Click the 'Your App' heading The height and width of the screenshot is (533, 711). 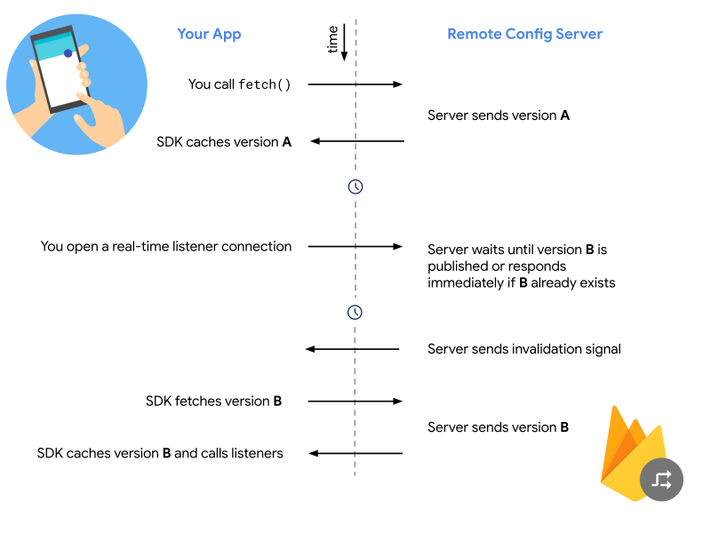(x=209, y=35)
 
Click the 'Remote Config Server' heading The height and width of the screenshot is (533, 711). (x=524, y=35)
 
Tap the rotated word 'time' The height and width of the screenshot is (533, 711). (x=332, y=39)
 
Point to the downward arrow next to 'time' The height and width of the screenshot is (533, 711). (x=344, y=42)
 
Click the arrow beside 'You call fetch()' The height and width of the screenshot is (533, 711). (x=355, y=84)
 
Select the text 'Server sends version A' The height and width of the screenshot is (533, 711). (x=499, y=115)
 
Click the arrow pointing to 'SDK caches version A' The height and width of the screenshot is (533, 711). (x=357, y=141)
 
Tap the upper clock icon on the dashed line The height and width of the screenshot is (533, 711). (x=355, y=187)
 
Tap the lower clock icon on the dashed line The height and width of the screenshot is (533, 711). (x=355, y=313)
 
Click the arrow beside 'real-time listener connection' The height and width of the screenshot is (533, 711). (x=355, y=247)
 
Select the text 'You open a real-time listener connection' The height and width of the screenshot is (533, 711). (x=166, y=247)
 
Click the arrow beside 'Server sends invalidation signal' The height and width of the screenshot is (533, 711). (x=352, y=349)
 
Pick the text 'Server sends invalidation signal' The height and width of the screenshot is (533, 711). (x=524, y=349)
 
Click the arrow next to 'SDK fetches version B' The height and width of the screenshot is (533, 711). (x=355, y=402)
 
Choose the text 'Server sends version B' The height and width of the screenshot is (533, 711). (x=498, y=427)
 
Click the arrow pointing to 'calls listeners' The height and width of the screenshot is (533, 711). (x=355, y=453)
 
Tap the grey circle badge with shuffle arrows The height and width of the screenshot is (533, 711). (x=661, y=480)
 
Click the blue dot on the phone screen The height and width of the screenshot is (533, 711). (x=68, y=53)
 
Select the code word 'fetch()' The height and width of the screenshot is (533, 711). (x=264, y=84)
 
